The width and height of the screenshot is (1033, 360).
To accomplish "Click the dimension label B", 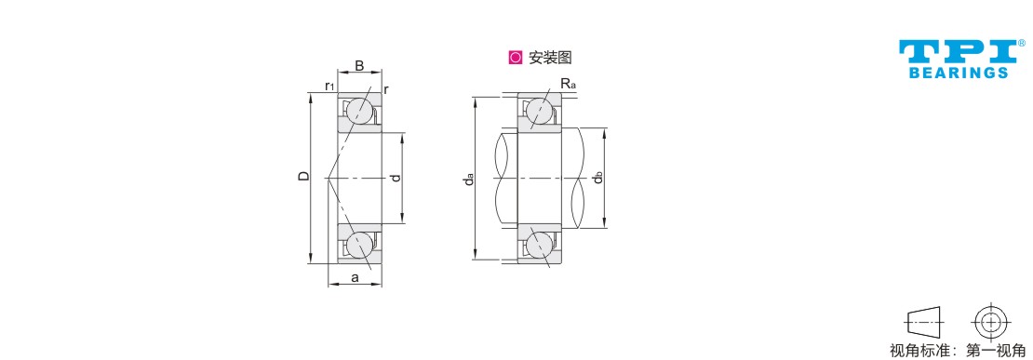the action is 359,65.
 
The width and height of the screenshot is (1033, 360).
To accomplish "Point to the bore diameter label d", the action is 394,178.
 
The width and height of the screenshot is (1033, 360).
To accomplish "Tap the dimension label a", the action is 355,278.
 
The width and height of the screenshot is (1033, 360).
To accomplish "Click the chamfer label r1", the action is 329,87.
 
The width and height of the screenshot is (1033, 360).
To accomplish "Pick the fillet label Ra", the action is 569,84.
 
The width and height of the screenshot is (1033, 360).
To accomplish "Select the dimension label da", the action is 468,179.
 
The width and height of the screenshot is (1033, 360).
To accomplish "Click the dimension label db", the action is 597,178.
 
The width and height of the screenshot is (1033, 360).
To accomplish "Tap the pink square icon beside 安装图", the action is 516,58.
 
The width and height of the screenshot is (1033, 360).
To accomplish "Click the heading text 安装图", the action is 550,58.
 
